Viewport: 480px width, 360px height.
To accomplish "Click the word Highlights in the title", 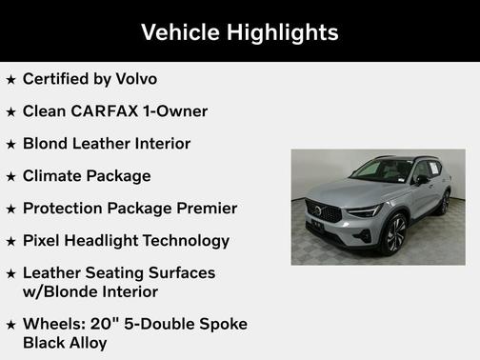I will coord(281,32).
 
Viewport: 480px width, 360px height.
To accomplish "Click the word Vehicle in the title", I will coord(180,32).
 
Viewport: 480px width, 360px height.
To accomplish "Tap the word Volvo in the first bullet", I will coord(133,79).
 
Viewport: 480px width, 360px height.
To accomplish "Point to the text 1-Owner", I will coord(175,111).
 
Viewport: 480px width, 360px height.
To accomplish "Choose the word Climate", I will coord(55,176).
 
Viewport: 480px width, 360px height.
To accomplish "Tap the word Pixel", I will coord(43,241).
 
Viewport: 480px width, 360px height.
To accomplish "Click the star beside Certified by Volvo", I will coord(10,80).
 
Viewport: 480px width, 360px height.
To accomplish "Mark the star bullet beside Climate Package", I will coord(10,177).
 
